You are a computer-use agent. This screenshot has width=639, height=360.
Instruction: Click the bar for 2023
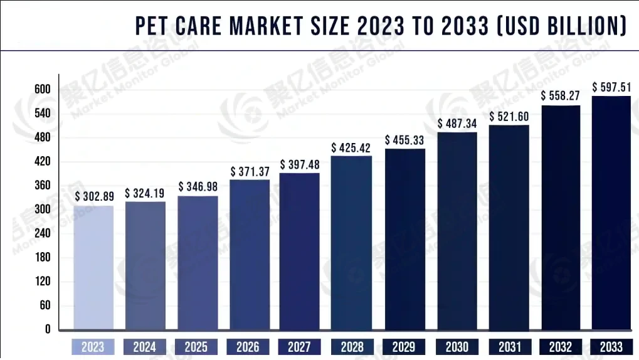[x=93, y=268]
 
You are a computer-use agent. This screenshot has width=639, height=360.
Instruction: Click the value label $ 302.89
[x=94, y=196]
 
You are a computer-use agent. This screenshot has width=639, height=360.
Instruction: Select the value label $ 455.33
[x=405, y=140]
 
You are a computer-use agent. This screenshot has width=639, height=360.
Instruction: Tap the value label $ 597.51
[x=611, y=87]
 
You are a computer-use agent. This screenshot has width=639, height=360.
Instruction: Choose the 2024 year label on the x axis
[x=145, y=347]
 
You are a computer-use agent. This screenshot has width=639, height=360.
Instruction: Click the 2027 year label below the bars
[x=300, y=347]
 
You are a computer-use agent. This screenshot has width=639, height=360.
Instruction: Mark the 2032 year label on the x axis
[x=560, y=347]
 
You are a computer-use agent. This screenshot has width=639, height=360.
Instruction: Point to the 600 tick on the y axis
[x=42, y=90]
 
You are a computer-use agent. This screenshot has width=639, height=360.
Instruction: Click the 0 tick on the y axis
[x=46, y=329]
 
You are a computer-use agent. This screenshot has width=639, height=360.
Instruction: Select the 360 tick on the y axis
[x=42, y=186]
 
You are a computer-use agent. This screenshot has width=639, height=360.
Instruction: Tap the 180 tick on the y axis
[x=42, y=258]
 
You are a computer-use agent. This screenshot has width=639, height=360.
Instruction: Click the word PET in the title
[x=151, y=27]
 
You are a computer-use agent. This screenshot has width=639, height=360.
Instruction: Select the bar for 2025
[x=198, y=263]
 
